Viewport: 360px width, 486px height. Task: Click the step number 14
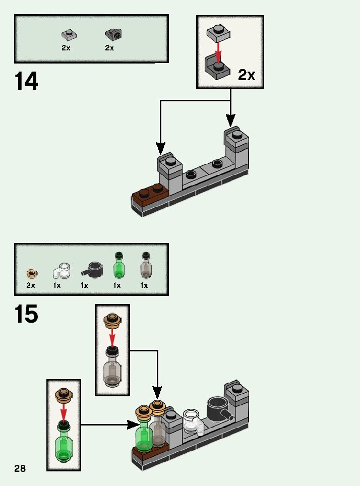26,81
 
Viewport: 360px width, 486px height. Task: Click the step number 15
26,314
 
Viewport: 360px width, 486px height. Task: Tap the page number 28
20,468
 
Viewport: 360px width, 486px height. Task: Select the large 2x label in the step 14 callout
247,75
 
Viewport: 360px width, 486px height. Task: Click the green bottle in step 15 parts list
118,266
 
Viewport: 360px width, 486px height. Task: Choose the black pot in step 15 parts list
92,269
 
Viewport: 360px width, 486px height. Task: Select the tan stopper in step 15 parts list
32,273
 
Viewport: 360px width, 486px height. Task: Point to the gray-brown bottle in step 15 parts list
146,266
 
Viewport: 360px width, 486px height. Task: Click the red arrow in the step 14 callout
218,50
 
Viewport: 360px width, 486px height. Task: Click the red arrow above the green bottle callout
64,412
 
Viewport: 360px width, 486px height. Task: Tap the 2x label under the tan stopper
31,285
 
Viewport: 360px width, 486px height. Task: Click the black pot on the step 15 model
218,407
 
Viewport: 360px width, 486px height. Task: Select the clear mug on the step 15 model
192,421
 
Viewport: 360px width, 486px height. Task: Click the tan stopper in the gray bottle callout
112,320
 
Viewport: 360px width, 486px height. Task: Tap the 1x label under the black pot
84,285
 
